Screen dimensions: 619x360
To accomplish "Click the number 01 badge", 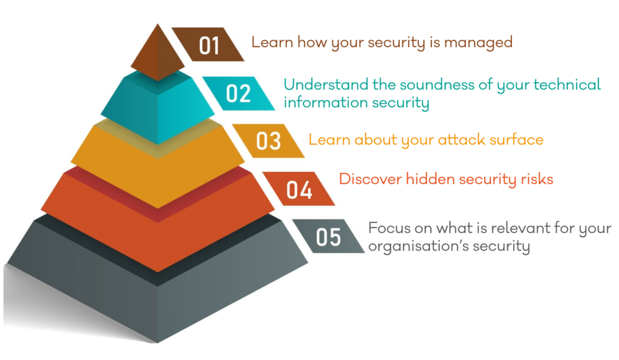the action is (x=208, y=44).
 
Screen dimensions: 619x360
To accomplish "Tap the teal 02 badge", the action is (x=238, y=94).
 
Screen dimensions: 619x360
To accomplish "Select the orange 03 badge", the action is (x=268, y=141).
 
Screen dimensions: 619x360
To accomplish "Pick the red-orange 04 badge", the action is (x=299, y=188).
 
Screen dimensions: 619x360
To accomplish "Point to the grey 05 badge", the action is (x=328, y=236).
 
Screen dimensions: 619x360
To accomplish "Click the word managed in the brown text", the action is (x=478, y=43).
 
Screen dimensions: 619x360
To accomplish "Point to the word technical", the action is (x=567, y=85).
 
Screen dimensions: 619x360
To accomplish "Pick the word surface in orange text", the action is (x=516, y=140).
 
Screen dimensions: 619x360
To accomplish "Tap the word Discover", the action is (x=371, y=179).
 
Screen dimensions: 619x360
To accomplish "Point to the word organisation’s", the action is (x=418, y=246).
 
